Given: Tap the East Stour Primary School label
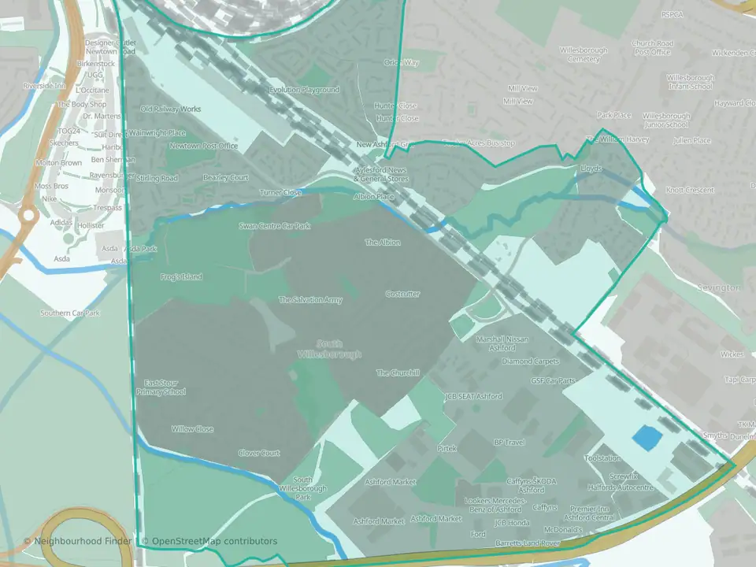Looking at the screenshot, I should [x=161, y=387].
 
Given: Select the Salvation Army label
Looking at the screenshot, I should [x=310, y=300].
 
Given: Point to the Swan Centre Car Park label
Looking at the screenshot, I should [x=275, y=226].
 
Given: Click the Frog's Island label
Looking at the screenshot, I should [x=181, y=277].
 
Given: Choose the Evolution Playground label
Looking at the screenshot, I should [x=304, y=90].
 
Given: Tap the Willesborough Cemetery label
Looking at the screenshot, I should [x=584, y=54].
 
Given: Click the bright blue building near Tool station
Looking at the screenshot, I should [x=648, y=439].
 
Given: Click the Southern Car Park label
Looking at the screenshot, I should [x=71, y=313].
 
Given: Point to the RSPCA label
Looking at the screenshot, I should [x=672, y=14].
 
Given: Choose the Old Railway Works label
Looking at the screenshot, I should [x=170, y=109].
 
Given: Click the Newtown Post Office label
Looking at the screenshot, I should [x=203, y=146].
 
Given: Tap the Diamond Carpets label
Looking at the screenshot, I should [x=530, y=361].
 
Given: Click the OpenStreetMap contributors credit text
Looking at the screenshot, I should [x=209, y=541].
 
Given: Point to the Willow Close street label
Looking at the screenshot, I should [x=192, y=429].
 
